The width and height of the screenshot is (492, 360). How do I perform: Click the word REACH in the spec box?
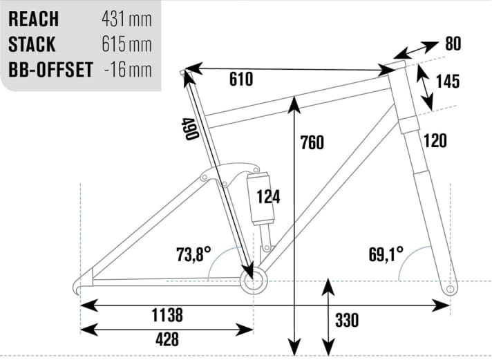(x=33, y=18)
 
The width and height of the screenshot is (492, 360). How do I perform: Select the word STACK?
(x=32, y=44)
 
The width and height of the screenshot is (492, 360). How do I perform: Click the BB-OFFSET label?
(x=50, y=70)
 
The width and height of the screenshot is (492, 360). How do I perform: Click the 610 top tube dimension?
(x=240, y=80)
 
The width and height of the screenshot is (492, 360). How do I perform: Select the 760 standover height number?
(x=312, y=143)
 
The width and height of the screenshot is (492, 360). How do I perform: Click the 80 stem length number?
(x=453, y=44)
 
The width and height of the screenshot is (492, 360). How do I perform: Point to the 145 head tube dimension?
(x=448, y=82)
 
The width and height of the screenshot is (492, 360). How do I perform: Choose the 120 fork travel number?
(x=435, y=141)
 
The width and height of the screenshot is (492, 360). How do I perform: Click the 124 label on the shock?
(x=267, y=197)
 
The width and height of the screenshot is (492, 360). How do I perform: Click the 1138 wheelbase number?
(x=167, y=316)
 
